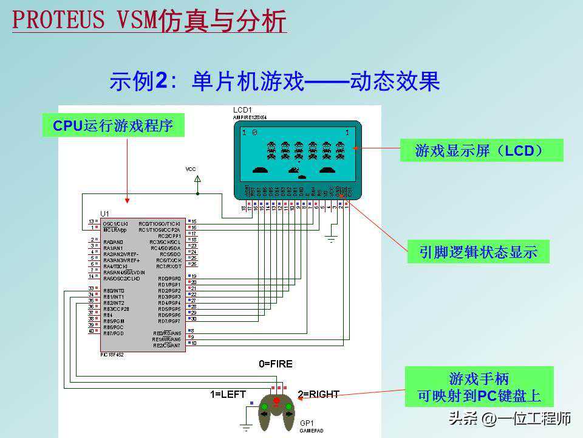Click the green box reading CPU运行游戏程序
click(113, 126)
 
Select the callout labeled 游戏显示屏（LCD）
click(481, 150)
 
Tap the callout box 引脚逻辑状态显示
click(478, 252)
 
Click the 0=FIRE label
click(276, 364)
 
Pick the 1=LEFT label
click(228, 394)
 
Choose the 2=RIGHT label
click(318, 394)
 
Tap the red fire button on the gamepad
click(276, 400)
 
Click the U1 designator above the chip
click(105, 214)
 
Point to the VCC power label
click(191, 169)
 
